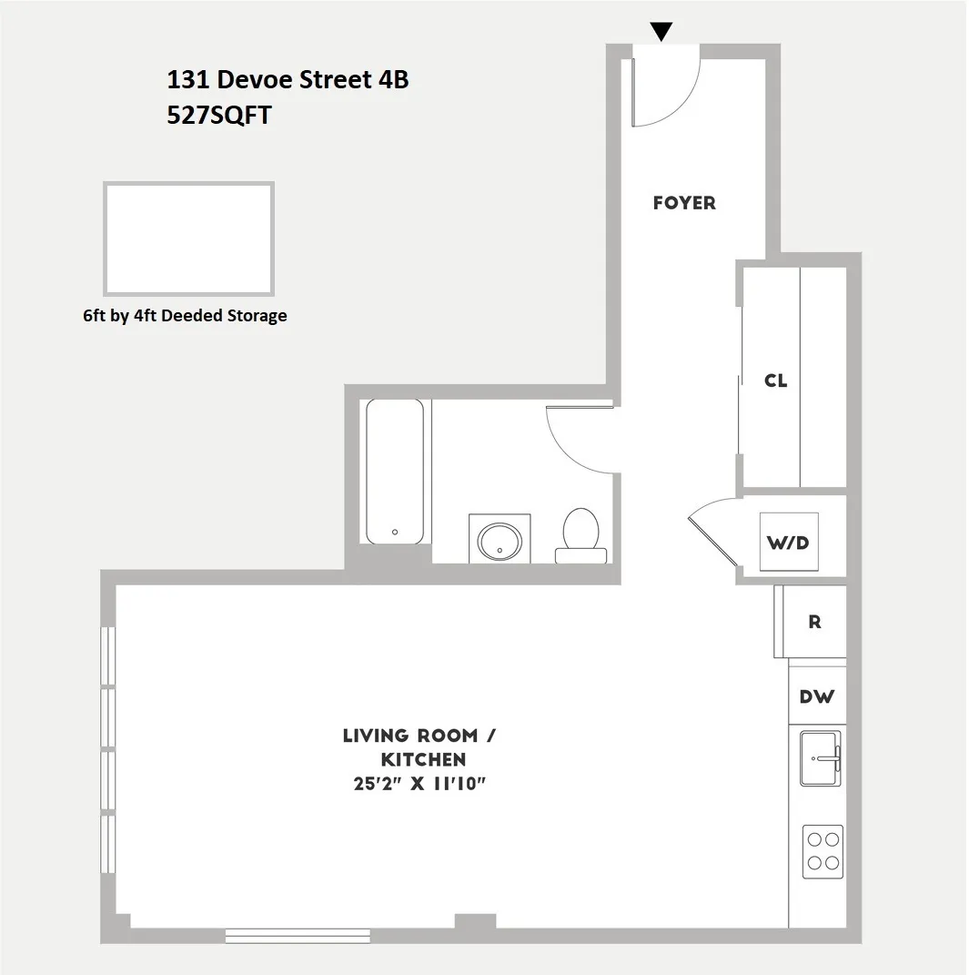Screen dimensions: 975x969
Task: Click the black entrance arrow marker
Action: pos(661,32)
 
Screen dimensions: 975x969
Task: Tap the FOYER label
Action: pos(684,203)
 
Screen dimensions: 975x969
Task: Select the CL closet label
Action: pos(775,381)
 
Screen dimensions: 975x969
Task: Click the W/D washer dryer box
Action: pos(788,543)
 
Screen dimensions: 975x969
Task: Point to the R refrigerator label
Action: pos(814,623)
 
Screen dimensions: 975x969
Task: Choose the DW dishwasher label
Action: pos(816,697)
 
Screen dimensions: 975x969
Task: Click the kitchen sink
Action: pos(822,757)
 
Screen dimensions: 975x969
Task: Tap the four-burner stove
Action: pos(823,851)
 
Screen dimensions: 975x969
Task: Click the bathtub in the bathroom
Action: pos(395,471)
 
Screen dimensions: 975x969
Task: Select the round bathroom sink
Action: pos(499,541)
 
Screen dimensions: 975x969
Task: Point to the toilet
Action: pos(580,535)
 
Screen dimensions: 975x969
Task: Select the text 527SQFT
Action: pos(219,117)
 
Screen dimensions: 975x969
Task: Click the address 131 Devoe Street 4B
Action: pos(288,80)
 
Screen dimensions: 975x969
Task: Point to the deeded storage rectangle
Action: pos(188,239)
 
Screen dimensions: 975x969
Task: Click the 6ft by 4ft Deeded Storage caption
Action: pos(185,316)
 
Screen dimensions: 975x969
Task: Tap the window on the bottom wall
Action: pos(298,934)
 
